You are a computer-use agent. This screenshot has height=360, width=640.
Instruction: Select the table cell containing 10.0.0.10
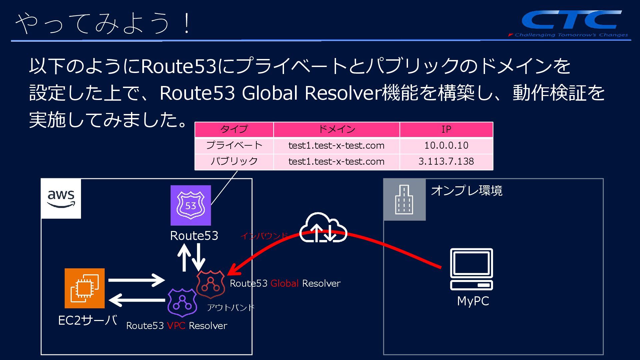point(446,145)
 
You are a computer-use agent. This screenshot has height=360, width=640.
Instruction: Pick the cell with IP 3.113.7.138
point(446,161)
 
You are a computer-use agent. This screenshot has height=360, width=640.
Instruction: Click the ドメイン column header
point(336,129)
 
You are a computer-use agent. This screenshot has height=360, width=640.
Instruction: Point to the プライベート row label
point(234,145)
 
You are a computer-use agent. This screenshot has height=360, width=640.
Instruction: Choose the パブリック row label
point(234,161)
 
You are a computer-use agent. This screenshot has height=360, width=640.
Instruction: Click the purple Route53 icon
point(191,205)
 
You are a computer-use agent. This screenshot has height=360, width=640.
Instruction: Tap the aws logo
point(61,199)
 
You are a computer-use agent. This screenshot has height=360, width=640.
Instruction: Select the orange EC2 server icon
point(85,288)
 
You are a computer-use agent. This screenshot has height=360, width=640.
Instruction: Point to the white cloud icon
point(323,228)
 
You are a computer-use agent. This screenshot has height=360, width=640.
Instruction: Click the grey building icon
point(404,199)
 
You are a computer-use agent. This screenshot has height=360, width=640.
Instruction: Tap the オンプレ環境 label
point(466,191)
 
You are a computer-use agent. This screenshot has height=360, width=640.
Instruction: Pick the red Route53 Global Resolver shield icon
point(210,284)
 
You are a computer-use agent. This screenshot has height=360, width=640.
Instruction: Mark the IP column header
point(446,129)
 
